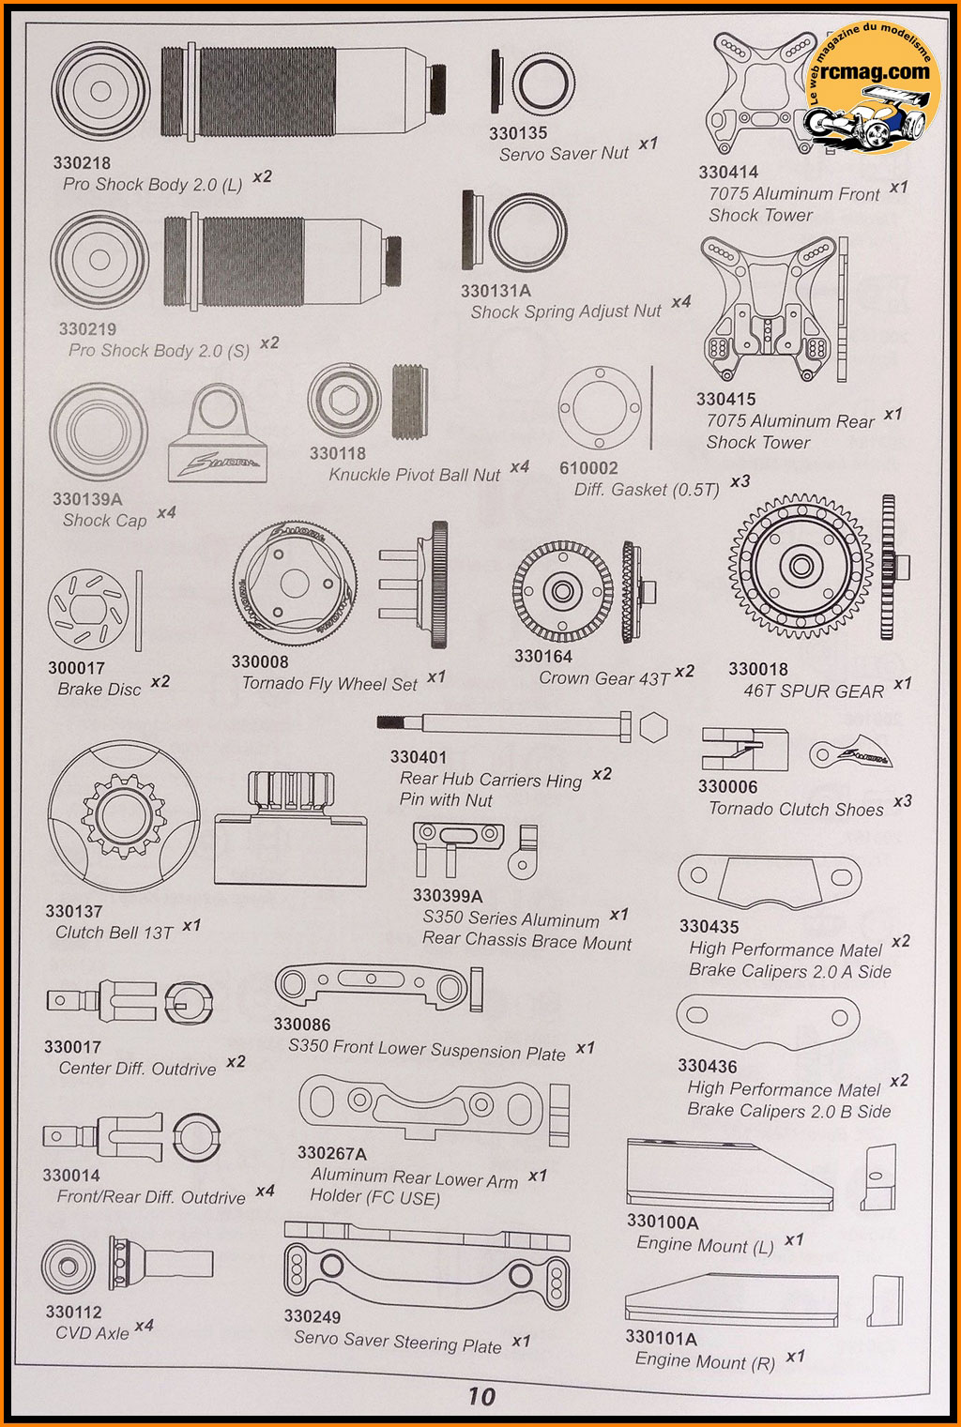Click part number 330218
[82, 163]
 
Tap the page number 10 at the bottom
[480, 1396]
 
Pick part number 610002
[588, 468]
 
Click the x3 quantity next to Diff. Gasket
[740, 481]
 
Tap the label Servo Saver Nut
[563, 154]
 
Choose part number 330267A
[331, 1153]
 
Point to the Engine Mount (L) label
[705, 1245]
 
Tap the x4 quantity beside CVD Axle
[144, 1326]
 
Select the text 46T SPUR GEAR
[814, 691]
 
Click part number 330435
[709, 927]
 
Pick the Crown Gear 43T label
[604, 678]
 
